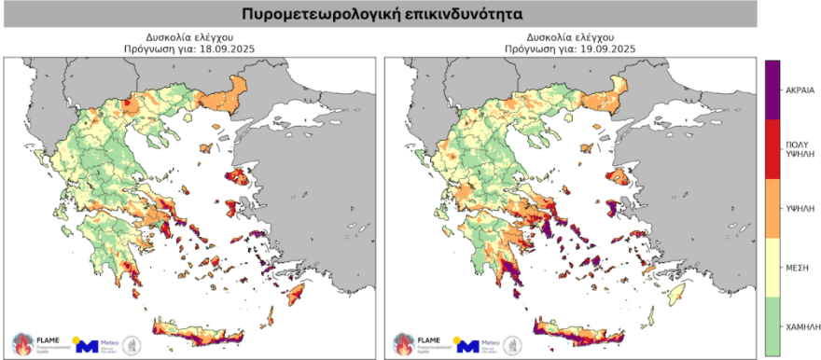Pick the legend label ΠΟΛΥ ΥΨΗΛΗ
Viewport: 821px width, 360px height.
click(x=797, y=151)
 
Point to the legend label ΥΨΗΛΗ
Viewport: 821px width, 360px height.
click(x=797, y=211)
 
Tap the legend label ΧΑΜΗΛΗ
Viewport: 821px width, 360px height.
click(x=797, y=327)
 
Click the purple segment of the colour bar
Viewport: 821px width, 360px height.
click(x=772, y=90)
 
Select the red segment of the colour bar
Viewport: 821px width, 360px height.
click(x=772, y=148)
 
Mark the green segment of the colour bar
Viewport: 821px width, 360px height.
click(x=772, y=326)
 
